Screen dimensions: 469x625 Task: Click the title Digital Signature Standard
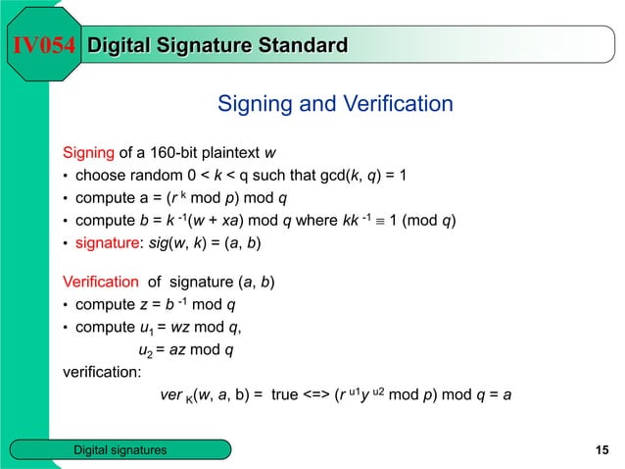click(x=217, y=44)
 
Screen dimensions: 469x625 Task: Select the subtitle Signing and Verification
click(x=334, y=104)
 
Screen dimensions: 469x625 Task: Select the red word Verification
click(x=101, y=284)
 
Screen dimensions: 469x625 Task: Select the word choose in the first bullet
click(x=100, y=177)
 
